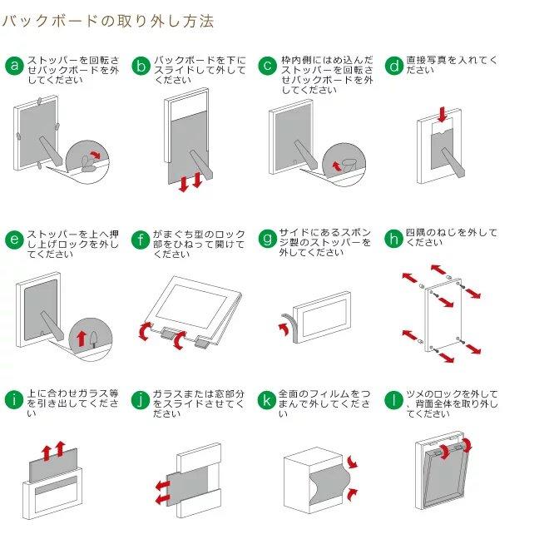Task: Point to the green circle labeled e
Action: pyautogui.click(x=13, y=240)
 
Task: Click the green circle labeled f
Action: pyautogui.click(x=141, y=240)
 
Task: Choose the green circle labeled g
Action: pyautogui.click(x=267, y=240)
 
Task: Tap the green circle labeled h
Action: pyautogui.click(x=394, y=240)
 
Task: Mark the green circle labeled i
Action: pyautogui.click(x=13, y=400)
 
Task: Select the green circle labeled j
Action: pyautogui.click(x=141, y=400)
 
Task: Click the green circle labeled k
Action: pyautogui.click(x=267, y=400)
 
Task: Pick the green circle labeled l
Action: pyautogui.click(x=394, y=400)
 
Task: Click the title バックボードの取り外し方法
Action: pyautogui.click(x=108, y=21)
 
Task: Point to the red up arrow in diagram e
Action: pyautogui.click(x=82, y=338)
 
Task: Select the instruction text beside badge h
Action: pyautogui.click(x=452, y=238)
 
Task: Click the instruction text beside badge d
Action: pyautogui.click(x=452, y=66)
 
